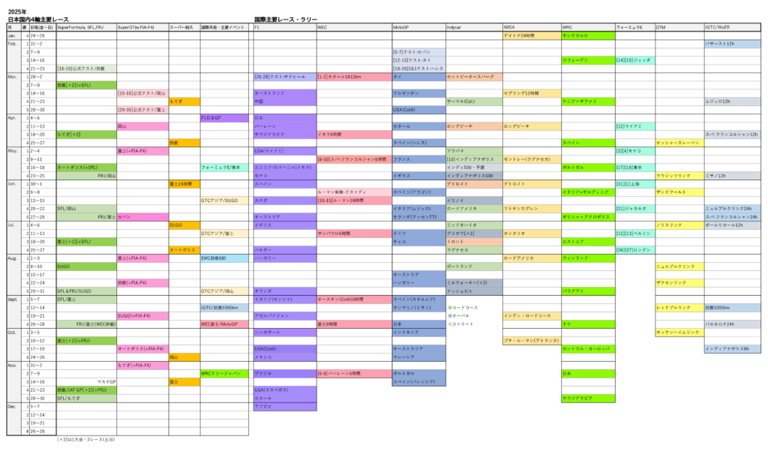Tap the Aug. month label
(x=12, y=258)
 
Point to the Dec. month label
(x=12, y=405)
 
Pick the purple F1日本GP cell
(x=223, y=118)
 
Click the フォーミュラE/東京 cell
(x=223, y=167)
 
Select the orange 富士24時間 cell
(x=184, y=183)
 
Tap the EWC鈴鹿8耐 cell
(x=223, y=258)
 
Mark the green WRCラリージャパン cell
(x=223, y=373)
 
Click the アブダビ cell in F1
(x=284, y=406)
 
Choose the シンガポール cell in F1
(x=284, y=332)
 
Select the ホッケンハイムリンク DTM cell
(x=679, y=332)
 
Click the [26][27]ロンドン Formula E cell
(x=634, y=249)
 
